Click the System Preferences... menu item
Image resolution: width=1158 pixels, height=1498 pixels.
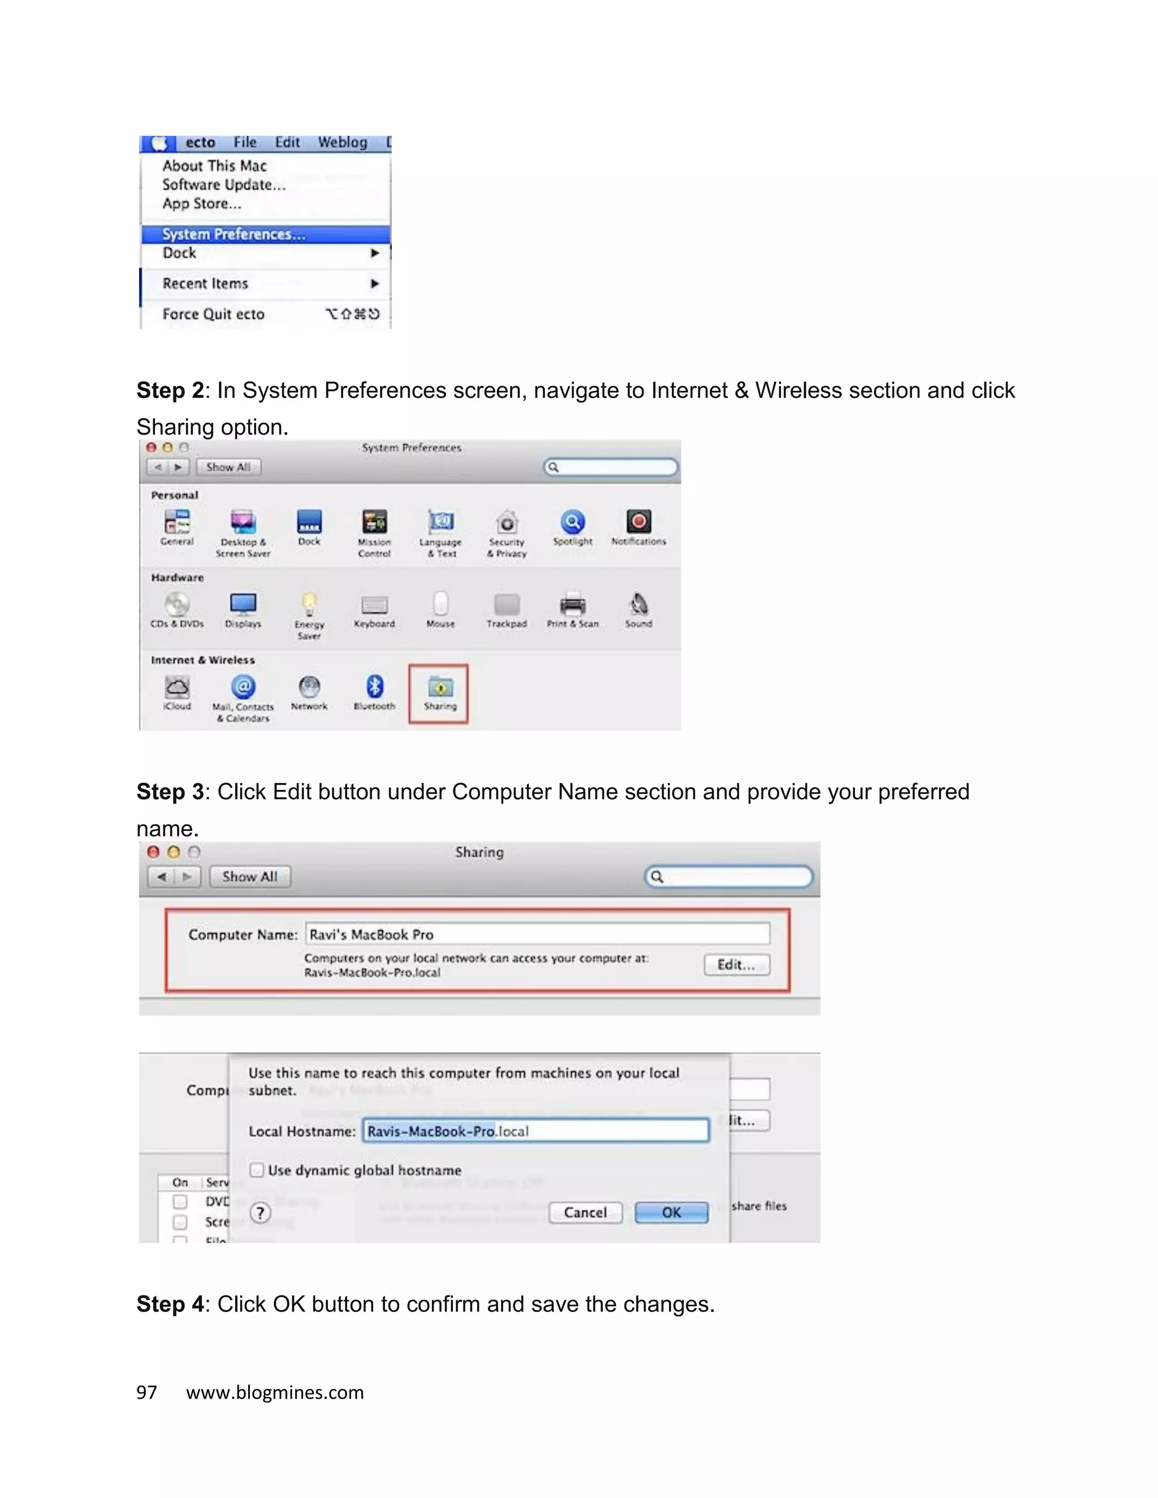pyautogui.click(x=234, y=234)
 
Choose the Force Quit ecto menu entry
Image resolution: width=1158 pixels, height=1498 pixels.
pyautogui.click(x=213, y=314)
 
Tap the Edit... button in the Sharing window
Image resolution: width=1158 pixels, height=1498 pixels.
pyautogui.click(x=736, y=964)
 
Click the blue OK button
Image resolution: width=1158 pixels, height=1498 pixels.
pyautogui.click(x=671, y=1213)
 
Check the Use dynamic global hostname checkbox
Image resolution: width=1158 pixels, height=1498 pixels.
pyautogui.click(x=257, y=1170)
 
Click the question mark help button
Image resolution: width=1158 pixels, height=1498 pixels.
pyautogui.click(x=260, y=1213)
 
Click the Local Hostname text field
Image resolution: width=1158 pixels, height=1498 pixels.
pyautogui.click(x=535, y=1131)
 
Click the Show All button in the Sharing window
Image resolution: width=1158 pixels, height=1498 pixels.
pyautogui.click(x=250, y=877)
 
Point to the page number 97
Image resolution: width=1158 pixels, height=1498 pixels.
pyautogui.click(x=147, y=1392)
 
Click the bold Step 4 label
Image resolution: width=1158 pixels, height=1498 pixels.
pyautogui.click(x=170, y=1304)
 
